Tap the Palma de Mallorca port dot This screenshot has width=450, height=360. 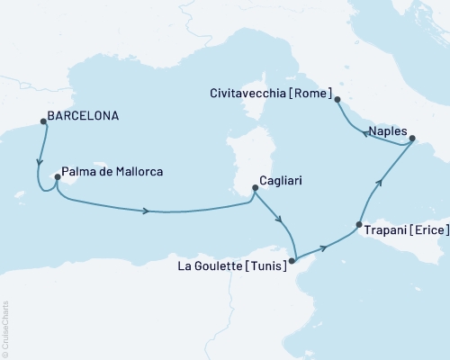(x=57, y=177)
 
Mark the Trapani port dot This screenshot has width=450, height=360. (x=359, y=225)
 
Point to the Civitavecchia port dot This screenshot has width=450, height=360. (x=337, y=99)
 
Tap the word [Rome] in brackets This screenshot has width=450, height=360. (x=313, y=94)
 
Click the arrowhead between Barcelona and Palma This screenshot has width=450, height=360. (x=39, y=165)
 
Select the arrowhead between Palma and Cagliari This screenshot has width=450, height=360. (x=144, y=211)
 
